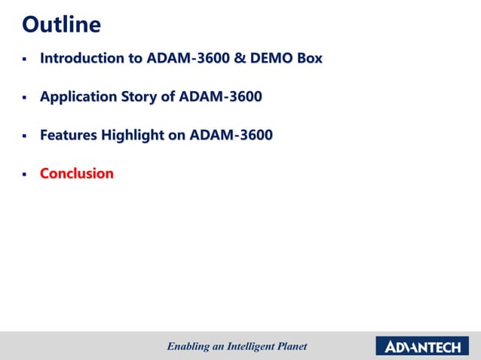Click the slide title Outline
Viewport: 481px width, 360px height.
pyautogui.click(x=61, y=25)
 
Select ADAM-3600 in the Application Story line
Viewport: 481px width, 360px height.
pyautogui.click(x=225, y=96)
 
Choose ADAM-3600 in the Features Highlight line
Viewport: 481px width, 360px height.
pyautogui.click(x=231, y=136)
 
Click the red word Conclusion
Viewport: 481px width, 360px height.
pyautogui.click(x=76, y=173)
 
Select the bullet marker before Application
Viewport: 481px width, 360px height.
pyautogui.click(x=24, y=98)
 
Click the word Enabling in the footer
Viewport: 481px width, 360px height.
pyautogui.click(x=187, y=346)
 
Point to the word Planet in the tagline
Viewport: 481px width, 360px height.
pyautogui.click(x=290, y=346)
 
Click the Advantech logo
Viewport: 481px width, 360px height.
pyautogui.click(x=423, y=346)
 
